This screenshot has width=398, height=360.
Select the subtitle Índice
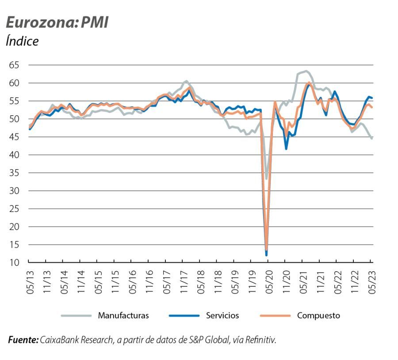[x=22, y=42]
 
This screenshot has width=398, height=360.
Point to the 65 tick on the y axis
[x=14, y=65]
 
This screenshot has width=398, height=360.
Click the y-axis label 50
[x=14, y=119]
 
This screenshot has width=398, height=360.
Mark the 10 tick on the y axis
[x=14, y=263]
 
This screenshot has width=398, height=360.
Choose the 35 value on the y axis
[x=14, y=173]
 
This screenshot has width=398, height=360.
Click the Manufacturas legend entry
[x=123, y=315]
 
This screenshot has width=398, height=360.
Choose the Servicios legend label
[x=222, y=315]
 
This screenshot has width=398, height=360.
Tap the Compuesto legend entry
[x=318, y=315]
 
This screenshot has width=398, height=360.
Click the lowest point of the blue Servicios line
[x=266, y=255]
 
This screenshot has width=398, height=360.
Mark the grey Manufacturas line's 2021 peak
[x=306, y=71]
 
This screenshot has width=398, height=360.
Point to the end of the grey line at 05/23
[x=372, y=139]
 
